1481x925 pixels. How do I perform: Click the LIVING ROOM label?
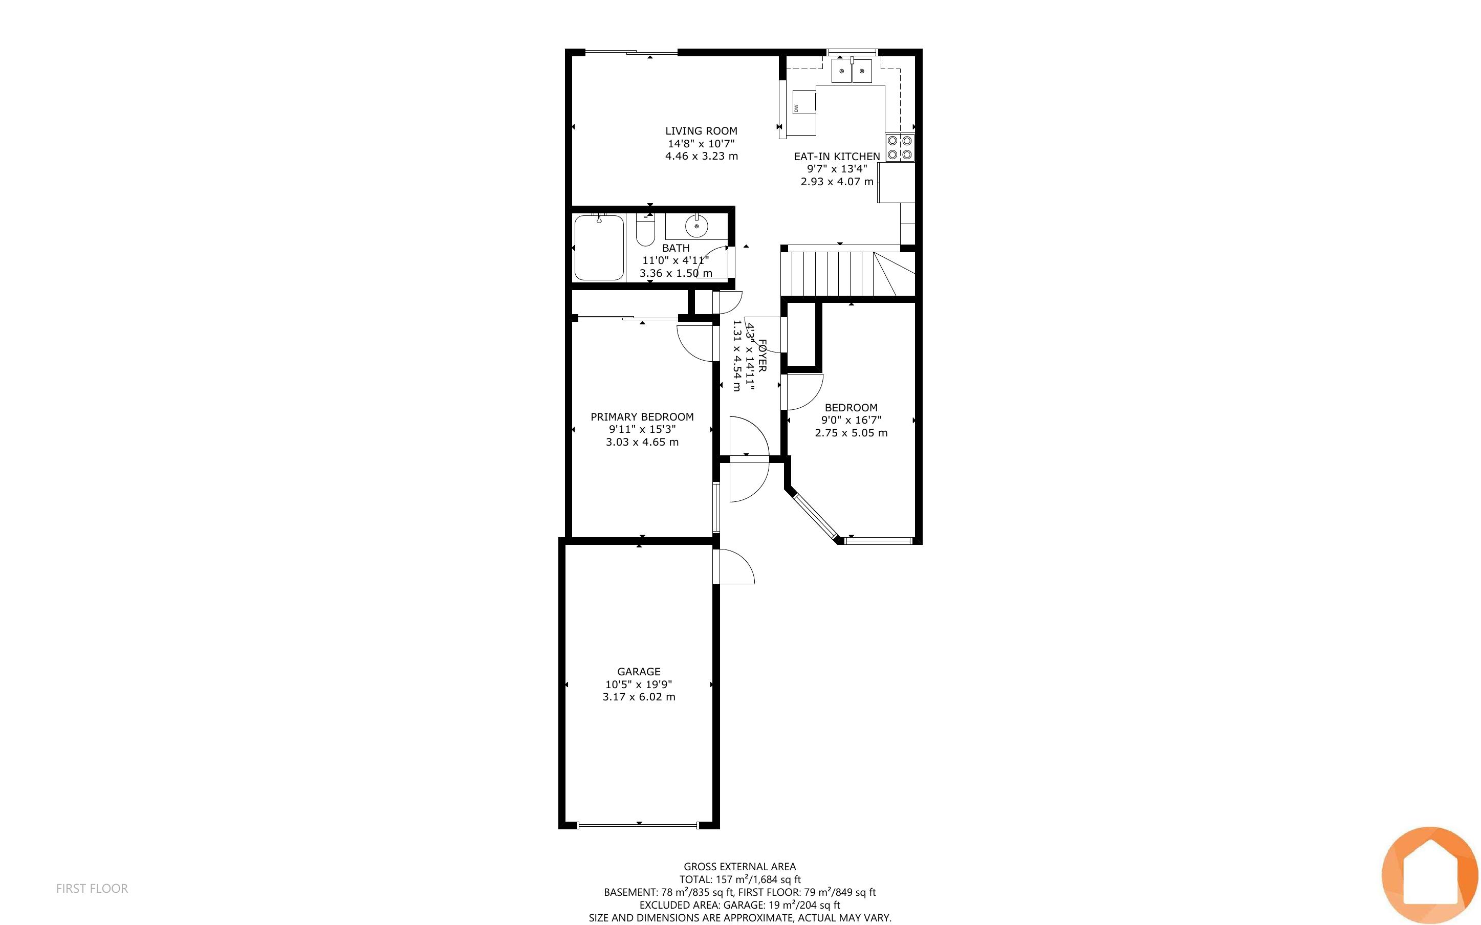[701, 131]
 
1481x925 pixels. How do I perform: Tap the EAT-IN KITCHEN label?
[837, 157]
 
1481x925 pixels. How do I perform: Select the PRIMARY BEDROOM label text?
[642, 416]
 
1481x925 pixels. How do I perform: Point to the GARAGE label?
[639, 671]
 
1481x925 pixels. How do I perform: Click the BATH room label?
[676, 248]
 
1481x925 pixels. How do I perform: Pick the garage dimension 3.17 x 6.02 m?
[639, 697]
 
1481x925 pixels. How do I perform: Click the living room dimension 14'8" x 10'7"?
[701, 144]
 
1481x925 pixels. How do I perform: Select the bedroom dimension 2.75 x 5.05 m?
[851, 432]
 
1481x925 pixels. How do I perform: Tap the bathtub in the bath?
[599, 247]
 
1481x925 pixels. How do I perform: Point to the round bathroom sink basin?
[696, 226]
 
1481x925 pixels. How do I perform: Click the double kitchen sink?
[852, 71]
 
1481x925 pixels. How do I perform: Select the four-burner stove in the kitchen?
[900, 147]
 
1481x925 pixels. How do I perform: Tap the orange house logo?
[1430, 875]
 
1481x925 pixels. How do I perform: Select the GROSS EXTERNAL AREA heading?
[739, 866]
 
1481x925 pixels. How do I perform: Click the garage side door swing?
[736, 566]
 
